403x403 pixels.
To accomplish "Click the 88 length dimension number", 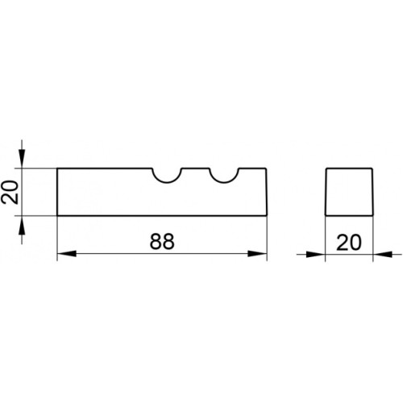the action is pos(162,241).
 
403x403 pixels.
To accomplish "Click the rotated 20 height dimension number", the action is pos(10,192).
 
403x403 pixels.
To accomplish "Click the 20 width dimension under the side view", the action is pos(349,243).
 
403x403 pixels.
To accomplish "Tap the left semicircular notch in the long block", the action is pos(167,182).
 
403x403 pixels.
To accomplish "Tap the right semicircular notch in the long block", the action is pos(224,182).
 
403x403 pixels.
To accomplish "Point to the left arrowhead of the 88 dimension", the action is pos(67,253).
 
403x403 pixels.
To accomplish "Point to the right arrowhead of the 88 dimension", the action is pos(257,253).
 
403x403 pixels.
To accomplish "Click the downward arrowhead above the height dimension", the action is pos(22,159).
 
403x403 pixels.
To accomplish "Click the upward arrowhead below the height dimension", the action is pos(22,225).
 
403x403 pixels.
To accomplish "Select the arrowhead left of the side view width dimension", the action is pos(316,254).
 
